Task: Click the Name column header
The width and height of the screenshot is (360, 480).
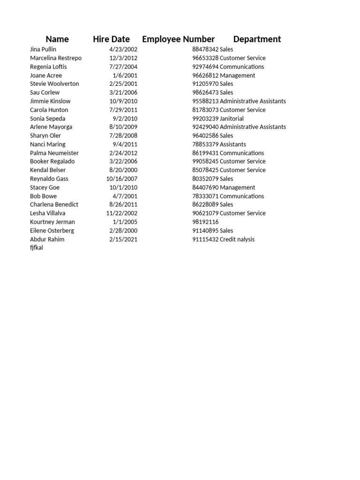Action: click(57, 39)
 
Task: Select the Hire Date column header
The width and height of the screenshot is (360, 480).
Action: click(111, 39)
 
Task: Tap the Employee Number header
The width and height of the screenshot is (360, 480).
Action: click(178, 39)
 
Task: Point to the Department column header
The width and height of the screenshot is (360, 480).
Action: click(257, 39)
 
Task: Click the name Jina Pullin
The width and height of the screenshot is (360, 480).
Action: click(43, 49)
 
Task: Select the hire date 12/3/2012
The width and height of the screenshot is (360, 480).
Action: click(123, 58)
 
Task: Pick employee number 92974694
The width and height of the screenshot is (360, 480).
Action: click(205, 67)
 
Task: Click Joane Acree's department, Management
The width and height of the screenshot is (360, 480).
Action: click(238, 75)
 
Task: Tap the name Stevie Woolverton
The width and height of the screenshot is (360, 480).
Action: click(54, 84)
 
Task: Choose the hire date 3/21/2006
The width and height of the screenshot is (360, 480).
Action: click(123, 92)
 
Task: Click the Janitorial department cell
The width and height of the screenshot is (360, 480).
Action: click(232, 119)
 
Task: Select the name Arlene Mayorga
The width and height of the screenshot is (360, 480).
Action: click(51, 127)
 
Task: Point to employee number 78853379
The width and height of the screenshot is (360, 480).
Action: click(205, 144)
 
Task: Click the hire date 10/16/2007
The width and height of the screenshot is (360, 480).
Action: click(122, 179)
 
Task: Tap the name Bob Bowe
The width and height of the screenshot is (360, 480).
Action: click(43, 196)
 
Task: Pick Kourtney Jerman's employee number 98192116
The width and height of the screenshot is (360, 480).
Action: click(205, 222)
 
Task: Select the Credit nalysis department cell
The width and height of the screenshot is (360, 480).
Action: click(237, 239)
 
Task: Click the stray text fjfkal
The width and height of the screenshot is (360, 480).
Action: click(37, 247)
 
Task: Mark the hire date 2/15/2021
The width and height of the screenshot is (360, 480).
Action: click(123, 239)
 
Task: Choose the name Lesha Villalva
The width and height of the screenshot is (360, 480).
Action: click(48, 213)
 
